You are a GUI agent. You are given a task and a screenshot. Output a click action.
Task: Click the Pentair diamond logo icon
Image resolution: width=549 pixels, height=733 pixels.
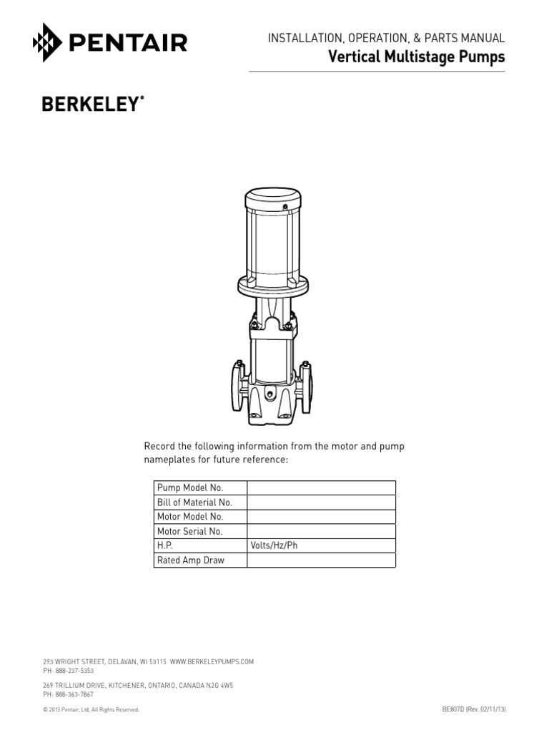tap(48, 43)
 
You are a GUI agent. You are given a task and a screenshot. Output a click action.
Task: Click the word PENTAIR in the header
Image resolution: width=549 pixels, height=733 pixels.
tap(129, 43)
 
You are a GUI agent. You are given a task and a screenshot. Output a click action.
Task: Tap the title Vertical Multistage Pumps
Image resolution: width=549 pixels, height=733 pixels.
tap(416, 57)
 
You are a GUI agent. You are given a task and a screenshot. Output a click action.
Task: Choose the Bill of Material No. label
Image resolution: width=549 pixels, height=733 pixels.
tap(194, 503)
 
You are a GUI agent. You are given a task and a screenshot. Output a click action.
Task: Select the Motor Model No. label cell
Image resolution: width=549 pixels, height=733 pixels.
tap(190, 517)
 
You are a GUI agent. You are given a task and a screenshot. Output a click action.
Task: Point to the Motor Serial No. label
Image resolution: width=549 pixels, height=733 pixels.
tap(190, 531)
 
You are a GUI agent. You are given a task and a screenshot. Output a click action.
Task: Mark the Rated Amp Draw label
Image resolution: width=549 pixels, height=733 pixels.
tap(190, 560)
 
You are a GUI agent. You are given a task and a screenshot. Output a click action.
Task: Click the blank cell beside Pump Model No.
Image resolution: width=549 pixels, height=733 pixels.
tap(321, 487)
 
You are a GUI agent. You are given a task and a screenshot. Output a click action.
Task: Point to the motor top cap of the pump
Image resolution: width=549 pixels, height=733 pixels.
tap(274, 196)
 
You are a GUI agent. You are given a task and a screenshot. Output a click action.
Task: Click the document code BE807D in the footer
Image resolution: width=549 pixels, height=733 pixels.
tap(453, 709)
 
